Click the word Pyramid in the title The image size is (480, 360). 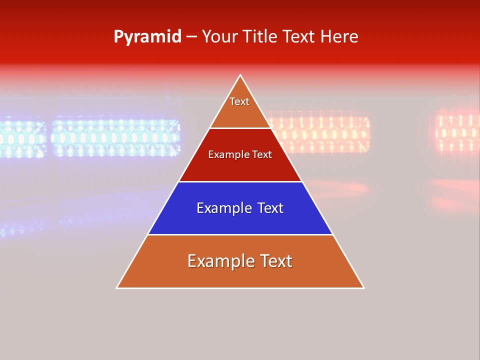click(147, 37)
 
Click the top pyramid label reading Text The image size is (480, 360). click(239, 101)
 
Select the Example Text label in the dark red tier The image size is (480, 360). click(240, 154)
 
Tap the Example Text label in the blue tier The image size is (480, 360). click(240, 208)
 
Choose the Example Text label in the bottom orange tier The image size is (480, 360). click(240, 261)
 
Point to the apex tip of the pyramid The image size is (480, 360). click(240, 75)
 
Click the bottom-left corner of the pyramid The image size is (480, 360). click(117, 287)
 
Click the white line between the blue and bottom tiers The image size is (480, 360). click(240, 234)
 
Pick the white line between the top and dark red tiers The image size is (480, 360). click(240, 128)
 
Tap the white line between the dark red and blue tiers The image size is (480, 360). click(240, 181)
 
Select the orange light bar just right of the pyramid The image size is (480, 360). click(320, 133)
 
